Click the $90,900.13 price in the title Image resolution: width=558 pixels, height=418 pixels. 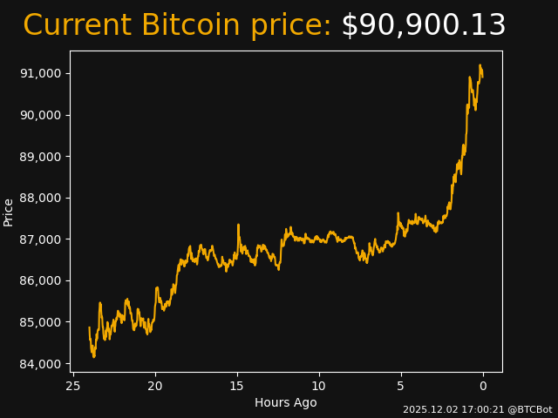(x=423, y=26)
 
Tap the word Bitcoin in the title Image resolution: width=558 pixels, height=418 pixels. (x=192, y=26)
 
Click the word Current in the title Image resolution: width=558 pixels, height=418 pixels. (x=78, y=26)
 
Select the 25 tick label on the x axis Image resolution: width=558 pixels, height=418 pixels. (x=73, y=386)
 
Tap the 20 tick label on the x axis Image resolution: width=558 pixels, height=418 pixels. (x=155, y=386)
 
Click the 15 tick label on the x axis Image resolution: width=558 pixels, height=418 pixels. (x=237, y=386)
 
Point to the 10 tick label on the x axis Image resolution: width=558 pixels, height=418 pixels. (x=319, y=386)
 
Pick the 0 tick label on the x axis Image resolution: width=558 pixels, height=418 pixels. (x=483, y=386)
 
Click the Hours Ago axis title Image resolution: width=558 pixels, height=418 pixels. (x=286, y=402)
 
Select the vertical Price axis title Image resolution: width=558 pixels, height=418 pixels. (x=9, y=212)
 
